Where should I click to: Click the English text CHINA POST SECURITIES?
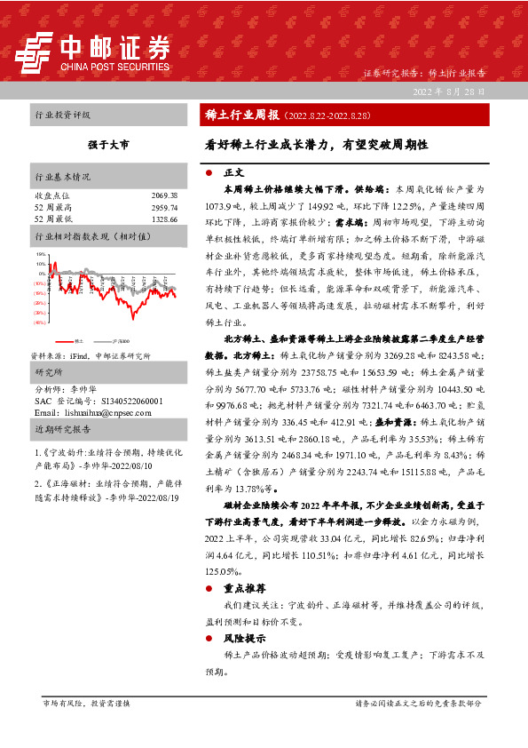(x=114, y=65)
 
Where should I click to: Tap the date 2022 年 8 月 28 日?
(x=447, y=92)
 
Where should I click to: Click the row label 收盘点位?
(x=50, y=195)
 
